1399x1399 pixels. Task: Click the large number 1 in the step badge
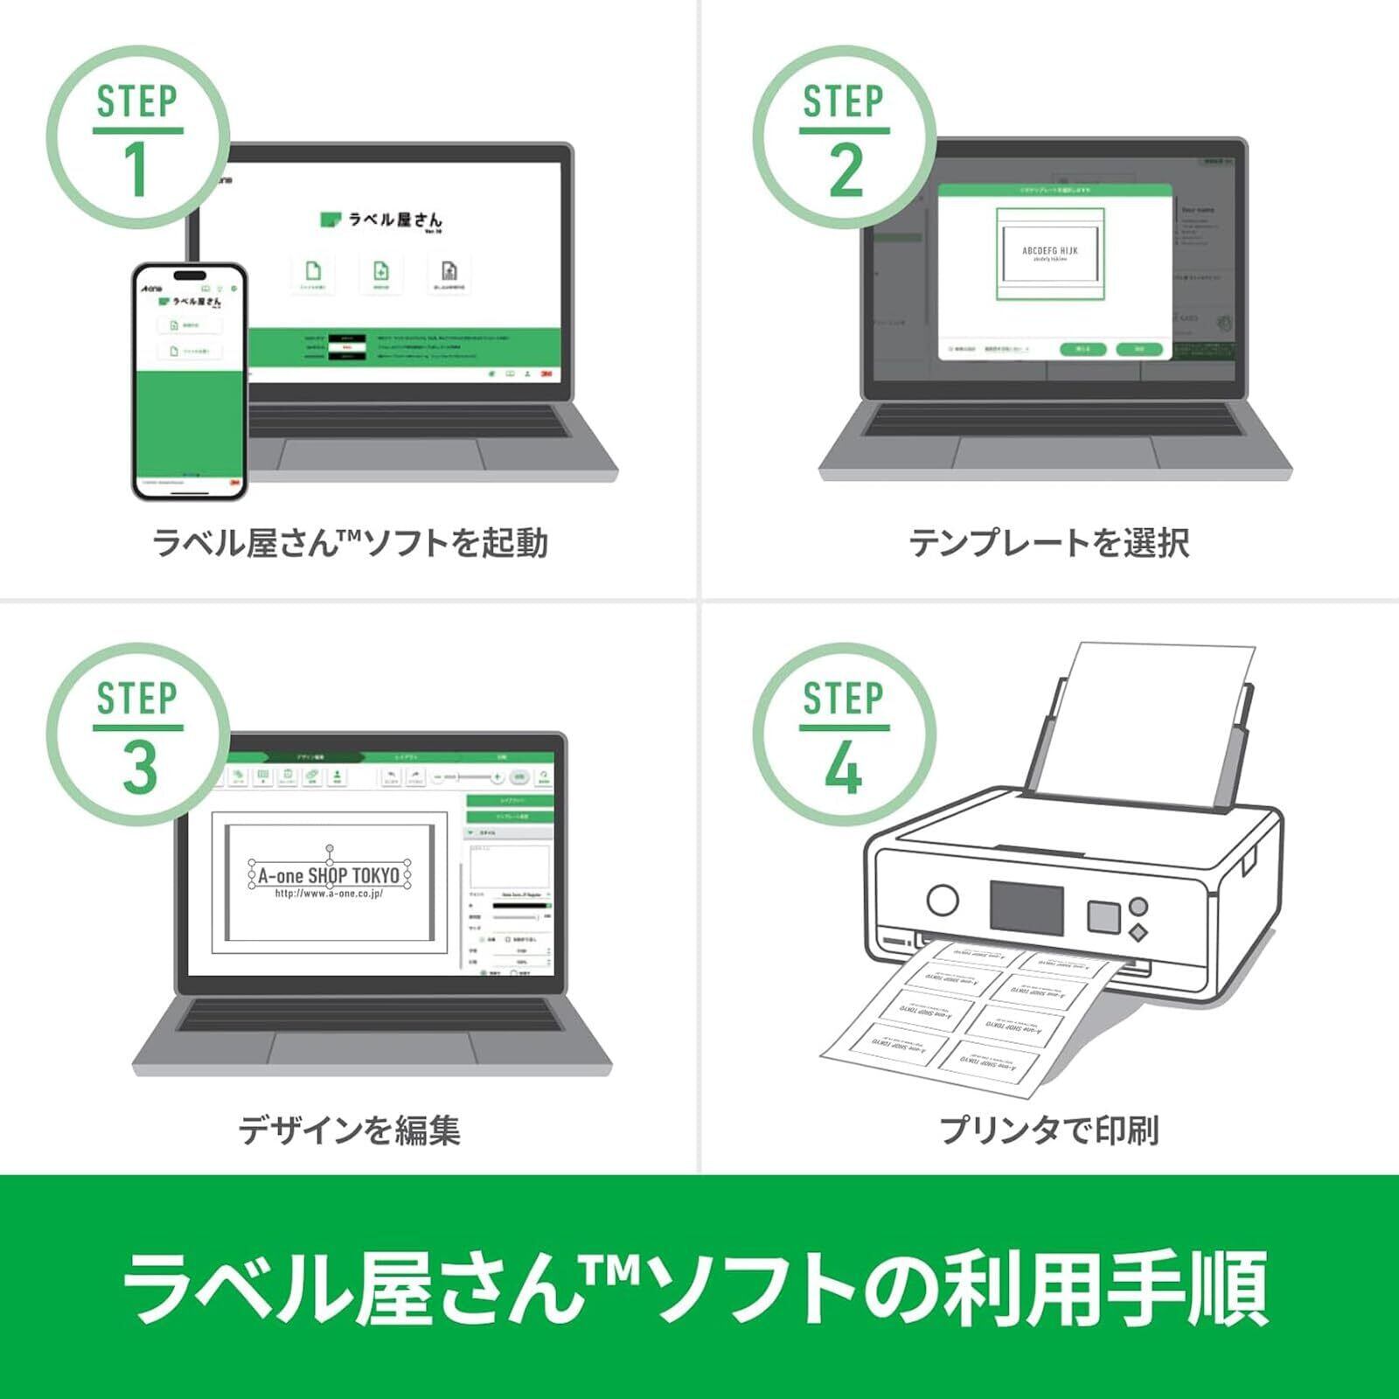pyautogui.click(x=136, y=170)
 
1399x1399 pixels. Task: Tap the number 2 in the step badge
pyautogui.click(x=846, y=170)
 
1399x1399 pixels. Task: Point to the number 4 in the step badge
pyautogui.click(x=844, y=769)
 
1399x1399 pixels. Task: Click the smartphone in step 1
pyautogui.click(x=189, y=382)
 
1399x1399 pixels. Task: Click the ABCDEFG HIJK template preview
pyautogui.click(x=1050, y=254)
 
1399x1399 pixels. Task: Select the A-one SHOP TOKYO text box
pyautogui.click(x=329, y=874)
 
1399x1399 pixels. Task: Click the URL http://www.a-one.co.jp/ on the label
pyautogui.click(x=329, y=894)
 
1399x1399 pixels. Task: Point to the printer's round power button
pyautogui.click(x=942, y=900)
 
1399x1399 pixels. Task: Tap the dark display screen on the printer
pyautogui.click(x=1027, y=907)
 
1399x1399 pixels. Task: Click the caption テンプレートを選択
pyautogui.click(x=1049, y=543)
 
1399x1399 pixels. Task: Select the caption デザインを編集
pyautogui.click(x=349, y=1130)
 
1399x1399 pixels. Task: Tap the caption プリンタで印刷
pyautogui.click(x=1049, y=1130)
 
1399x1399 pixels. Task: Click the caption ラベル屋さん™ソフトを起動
pyautogui.click(x=350, y=543)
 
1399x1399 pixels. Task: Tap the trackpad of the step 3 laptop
pyautogui.click(x=373, y=1049)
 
